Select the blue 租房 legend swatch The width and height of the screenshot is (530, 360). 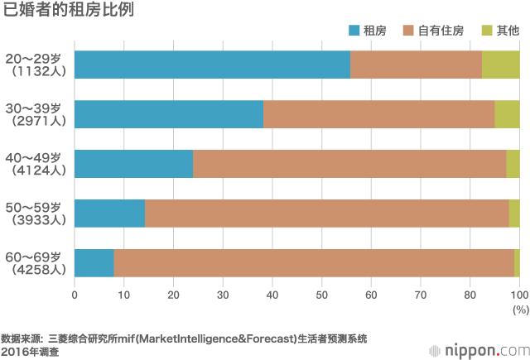tap(354, 31)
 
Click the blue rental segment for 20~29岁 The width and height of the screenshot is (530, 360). tap(212, 65)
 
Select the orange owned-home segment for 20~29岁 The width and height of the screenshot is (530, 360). tap(416, 65)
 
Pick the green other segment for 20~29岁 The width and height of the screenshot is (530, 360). tap(500, 65)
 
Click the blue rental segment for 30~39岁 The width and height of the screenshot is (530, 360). tap(169, 114)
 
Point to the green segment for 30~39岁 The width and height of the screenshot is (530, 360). tap(507, 114)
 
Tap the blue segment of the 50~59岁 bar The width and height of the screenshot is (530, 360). tap(109, 214)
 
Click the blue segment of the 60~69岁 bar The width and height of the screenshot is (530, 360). tap(94, 263)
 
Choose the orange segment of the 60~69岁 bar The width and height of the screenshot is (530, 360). tap(314, 263)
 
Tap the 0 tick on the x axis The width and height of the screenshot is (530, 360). tap(75, 294)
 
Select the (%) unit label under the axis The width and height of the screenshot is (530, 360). tap(519, 308)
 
